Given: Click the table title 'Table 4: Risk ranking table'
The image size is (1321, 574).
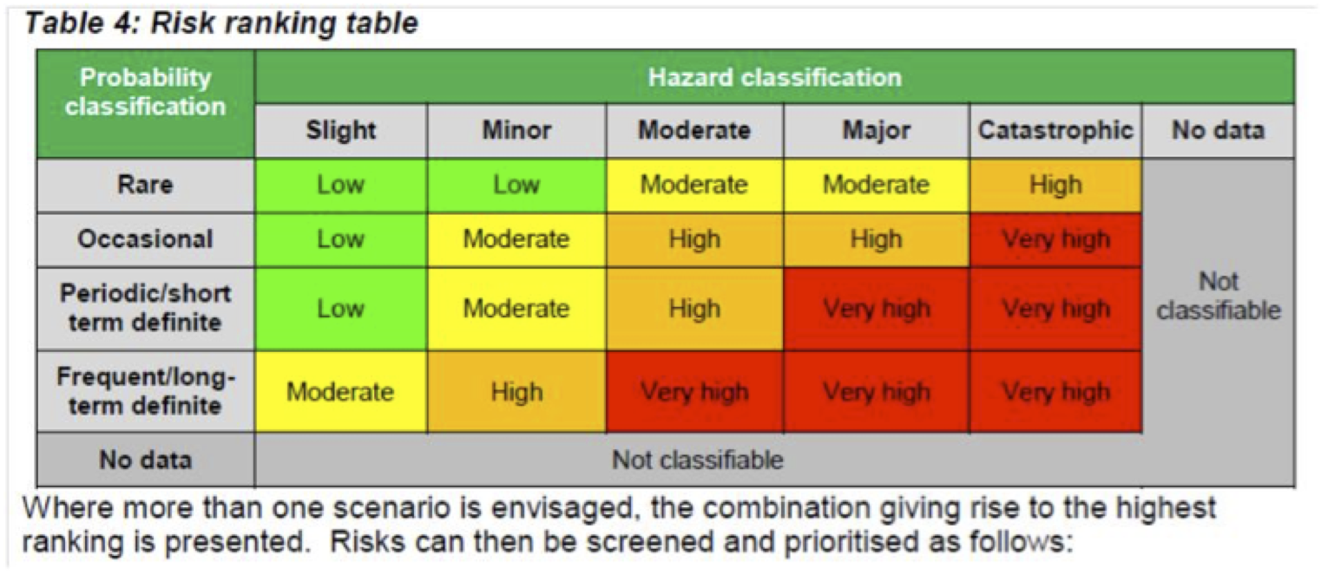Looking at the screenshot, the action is point(221,23).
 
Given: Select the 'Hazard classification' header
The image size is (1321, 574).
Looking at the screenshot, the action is point(775,77).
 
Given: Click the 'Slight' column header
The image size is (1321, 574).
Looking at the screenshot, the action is point(341,130).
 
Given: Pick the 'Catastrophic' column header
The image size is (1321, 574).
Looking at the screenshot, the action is point(1055,130).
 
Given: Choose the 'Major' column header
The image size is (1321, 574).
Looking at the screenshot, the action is point(877,130).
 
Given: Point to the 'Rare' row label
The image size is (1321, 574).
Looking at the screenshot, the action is point(145,185).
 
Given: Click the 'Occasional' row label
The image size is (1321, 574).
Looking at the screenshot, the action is point(145,238).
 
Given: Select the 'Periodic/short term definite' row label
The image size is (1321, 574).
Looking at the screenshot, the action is point(145,308).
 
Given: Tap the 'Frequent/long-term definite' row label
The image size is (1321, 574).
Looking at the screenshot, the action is point(145,391).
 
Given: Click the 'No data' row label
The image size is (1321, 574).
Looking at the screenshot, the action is point(145,460).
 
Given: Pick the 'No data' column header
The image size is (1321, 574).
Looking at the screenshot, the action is point(1219,130).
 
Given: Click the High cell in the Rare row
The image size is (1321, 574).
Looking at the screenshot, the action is point(1055,185).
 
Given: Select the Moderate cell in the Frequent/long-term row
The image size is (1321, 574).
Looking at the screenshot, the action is point(341,391).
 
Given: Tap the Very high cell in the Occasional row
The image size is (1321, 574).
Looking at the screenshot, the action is point(1055,239).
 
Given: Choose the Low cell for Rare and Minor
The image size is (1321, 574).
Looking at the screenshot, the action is point(516,185).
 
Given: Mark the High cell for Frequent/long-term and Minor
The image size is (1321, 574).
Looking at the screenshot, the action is point(516,391).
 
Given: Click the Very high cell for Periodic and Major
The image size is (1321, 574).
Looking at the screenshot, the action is point(877,309).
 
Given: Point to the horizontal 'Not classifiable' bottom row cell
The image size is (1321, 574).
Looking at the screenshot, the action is point(698,460).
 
